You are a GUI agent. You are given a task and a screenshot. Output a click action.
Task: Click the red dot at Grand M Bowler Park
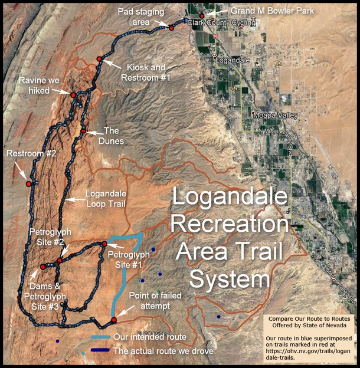(x=202, y=16)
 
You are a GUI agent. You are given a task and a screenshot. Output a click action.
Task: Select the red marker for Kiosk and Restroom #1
(x=100, y=58)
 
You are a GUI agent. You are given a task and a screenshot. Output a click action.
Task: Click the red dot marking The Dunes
(x=84, y=131)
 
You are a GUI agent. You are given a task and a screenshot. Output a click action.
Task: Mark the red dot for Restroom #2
(x=28, y=184)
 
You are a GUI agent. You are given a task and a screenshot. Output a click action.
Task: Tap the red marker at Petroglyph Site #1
(x=104, y=244)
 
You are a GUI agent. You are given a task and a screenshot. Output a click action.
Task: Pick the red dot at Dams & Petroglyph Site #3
(x=42, y=267)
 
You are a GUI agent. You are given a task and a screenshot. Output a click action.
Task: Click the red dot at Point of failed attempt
(x=113, y=320)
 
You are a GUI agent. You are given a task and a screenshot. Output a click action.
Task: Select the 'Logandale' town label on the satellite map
(x=231, y=61)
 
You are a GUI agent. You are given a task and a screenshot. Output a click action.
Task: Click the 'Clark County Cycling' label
(x=224, y=23)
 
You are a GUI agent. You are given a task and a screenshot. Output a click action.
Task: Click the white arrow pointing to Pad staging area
(x=161, y=24)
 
